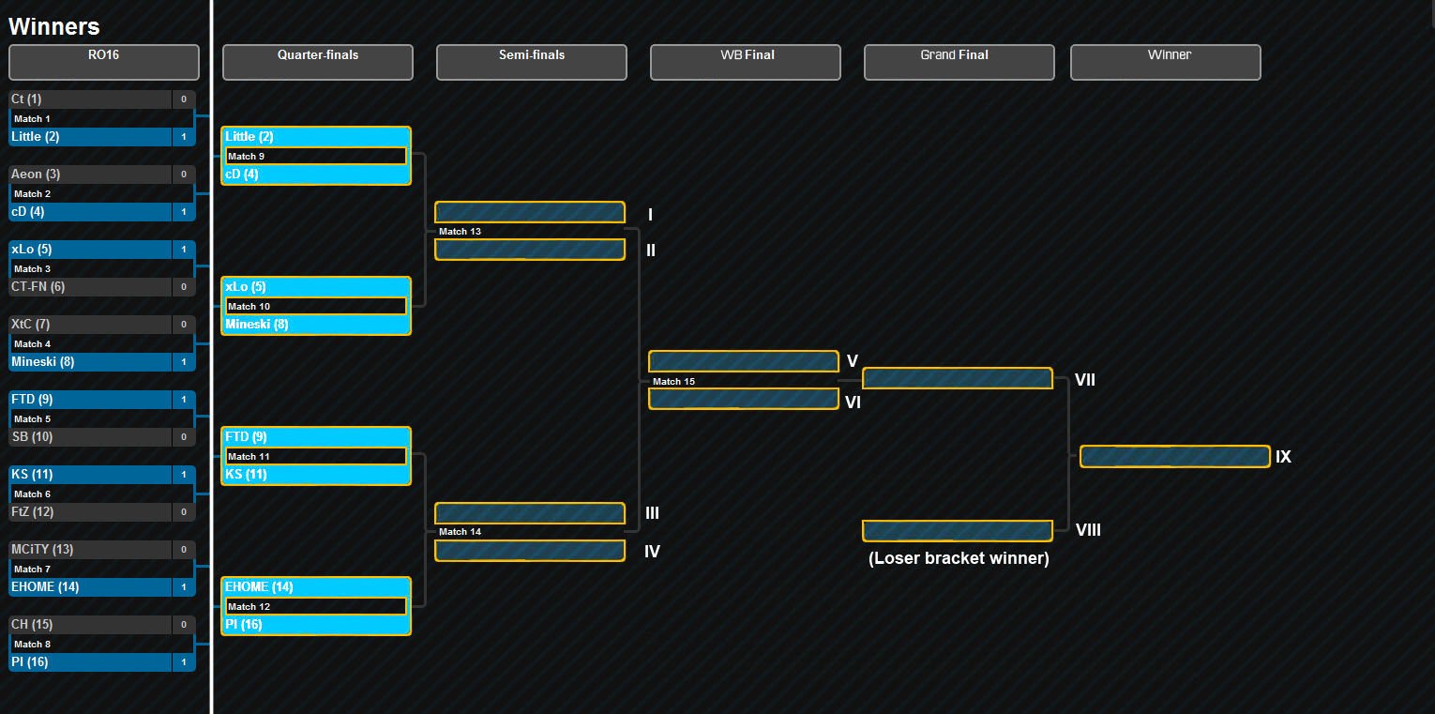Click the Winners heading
pyautogui.click(x=54, y=27)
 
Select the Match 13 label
pyautogui.click(x=461, y=232)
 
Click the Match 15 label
pyautogui.click(x=673, y=382)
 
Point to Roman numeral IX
pyautogui.click(x=1283, y=457)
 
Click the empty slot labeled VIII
pyautogui.click(x=958, y=531)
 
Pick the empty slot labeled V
pyautogui.click(x=744, y=361)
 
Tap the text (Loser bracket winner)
pyautogui.click(x=959, y=558)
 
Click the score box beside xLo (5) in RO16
pyautogui.click(x=184, y=250)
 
